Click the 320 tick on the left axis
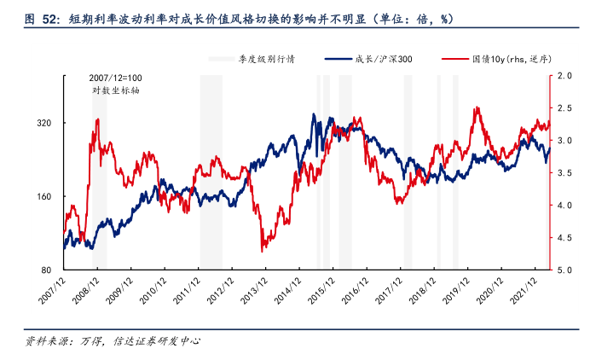click(43, 123)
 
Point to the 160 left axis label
click(43, 196)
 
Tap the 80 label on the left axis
click(47, 270)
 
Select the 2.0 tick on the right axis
click(563, 76)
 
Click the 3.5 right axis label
click(563, 173)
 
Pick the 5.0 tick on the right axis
click(563, 270)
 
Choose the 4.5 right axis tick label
click(563, 238)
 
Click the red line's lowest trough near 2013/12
click(263, 250)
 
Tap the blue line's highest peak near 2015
click(313, 115)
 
